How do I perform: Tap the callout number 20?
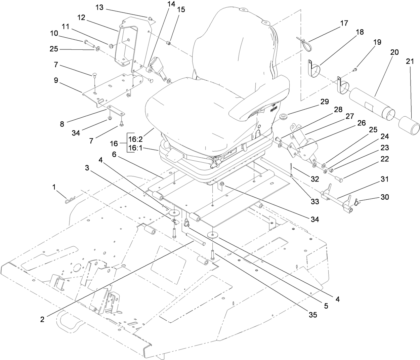[394, 52]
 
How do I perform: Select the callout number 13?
[100, 7]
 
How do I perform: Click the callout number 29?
[324, 102]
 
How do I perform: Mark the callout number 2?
[42, 320]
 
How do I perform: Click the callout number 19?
[377, 42]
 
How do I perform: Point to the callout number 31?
[384, 179]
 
